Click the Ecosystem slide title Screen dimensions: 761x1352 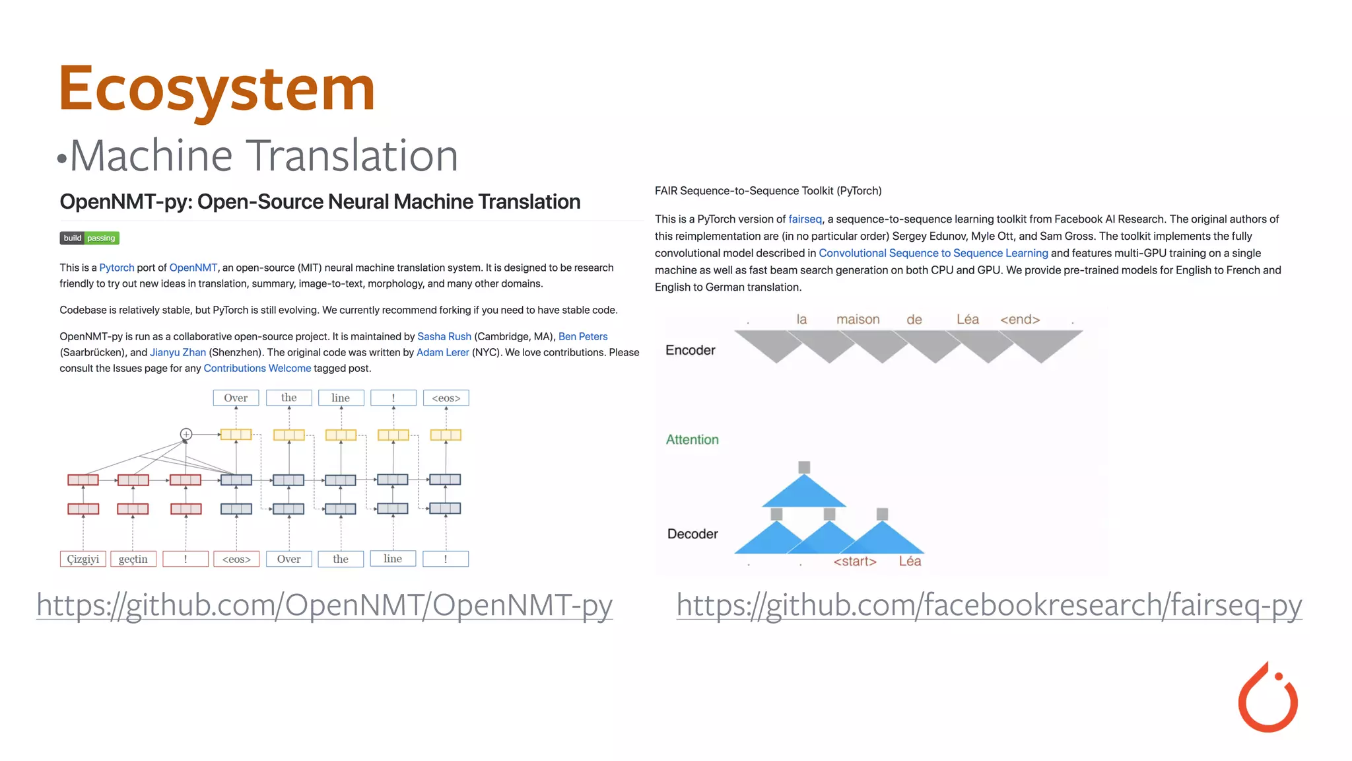pyautogui.click(x=217, y=89)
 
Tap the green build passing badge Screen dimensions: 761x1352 pyautogui.click(x=89, y=238)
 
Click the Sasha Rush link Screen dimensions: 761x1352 pyautogui.click(x=444, y=336)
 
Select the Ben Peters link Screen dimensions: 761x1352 pyautogui.click(x=582, y=336)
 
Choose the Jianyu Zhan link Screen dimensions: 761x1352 pyautogui.click(x=178, y=352)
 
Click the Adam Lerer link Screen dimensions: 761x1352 pyautogui.click(x=442, y=352)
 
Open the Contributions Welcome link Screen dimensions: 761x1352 pyautogui.click(x=257, y=368)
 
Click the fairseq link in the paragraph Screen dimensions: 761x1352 pyautogui.click(x=805, y=219)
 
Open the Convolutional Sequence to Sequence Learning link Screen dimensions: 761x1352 pyautogui.click(x=933, y=253)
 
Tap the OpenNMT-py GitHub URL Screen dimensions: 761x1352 pyautogui.click(x=324, y=605)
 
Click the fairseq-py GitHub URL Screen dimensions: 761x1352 pyautogui.click(x=989, y=605)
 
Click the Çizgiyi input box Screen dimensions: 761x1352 pyautogui.click(x=83, y=559)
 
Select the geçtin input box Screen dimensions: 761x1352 pyautogui.click(x=133, y=559)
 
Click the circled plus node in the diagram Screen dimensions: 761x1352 pyautogui.click(x=186, y=434)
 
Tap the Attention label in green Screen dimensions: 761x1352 pyautogui.click(x=692, y=440)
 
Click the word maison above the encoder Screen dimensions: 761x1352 pyautogui.click(x=858, y=320)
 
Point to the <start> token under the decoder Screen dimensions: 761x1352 pyautogui.click(x=855, y=562)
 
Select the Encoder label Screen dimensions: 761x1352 pyautogui.click(x=690, y=350)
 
